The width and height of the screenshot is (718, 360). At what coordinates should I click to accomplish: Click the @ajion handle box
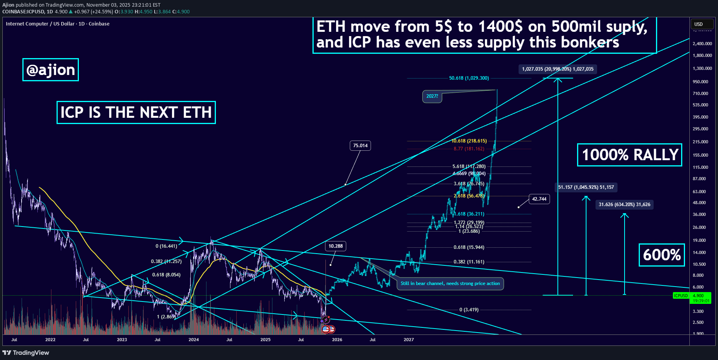[50, 70]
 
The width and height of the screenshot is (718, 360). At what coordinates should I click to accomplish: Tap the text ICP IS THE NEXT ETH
[136, 113]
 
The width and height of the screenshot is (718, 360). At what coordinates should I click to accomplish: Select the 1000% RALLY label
[629, 155]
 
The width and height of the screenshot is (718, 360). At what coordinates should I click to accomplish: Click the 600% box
[661, 255]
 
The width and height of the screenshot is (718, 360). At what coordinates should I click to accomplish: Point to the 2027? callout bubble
[432, 96]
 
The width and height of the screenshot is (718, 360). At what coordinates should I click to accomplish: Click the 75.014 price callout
[360, 146]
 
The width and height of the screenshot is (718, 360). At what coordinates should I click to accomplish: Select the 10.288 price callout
[335, 246]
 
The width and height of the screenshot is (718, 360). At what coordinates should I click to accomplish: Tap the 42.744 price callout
[539, 199]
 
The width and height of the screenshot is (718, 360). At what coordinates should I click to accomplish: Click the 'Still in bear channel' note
[450, 283]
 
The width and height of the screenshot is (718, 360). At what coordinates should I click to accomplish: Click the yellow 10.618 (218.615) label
[469, 141]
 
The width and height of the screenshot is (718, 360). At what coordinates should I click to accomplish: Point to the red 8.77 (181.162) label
[469, 149]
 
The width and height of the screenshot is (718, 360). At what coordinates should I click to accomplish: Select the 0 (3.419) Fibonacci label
[469, 310]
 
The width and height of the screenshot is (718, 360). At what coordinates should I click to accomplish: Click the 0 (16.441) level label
[166, 246]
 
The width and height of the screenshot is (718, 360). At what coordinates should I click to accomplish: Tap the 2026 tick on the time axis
[337, 340]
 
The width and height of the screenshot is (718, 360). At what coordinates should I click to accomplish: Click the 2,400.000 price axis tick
[702, 44]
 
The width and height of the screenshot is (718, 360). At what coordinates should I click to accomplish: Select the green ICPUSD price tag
[681, 296]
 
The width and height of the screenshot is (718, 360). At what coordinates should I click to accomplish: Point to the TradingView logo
[26, 353]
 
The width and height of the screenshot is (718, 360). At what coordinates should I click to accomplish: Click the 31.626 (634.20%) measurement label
[624, 205]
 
